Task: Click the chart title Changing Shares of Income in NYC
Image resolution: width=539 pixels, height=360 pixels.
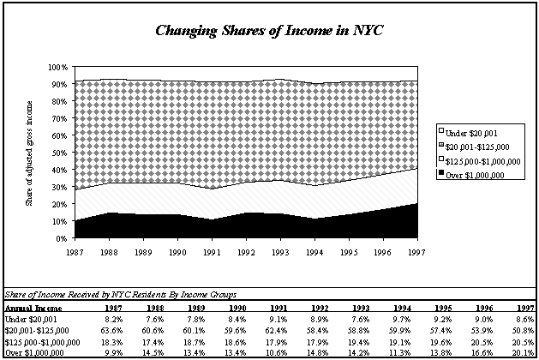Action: pyautogui.click(x=269, y=31)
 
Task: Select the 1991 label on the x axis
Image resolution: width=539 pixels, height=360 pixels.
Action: pyautogui.click(x=212, y=252)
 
